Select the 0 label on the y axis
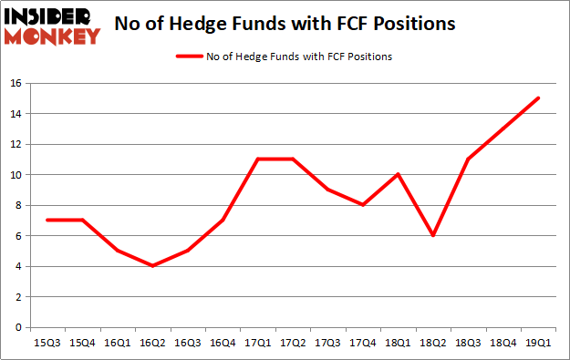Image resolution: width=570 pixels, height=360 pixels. [x=18, y=327]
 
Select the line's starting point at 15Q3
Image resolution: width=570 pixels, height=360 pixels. [x=47, y=220]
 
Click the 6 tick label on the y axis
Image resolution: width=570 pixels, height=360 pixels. [x=18, y=236]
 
